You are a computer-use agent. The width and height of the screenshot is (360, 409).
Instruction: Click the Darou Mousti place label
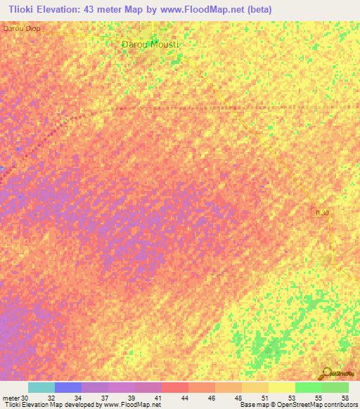151,44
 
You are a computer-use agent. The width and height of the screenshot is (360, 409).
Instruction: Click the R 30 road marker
321,212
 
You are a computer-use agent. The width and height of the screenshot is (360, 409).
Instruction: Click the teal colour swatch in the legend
41,387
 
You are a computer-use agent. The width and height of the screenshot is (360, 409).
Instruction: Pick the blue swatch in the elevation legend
68,387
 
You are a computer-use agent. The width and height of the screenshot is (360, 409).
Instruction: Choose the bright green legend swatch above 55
308,387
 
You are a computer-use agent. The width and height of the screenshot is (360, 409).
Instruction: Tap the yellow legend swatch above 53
281,387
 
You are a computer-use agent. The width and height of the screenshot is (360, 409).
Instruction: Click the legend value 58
344,398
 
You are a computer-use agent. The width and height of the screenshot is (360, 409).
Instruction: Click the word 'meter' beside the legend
11,398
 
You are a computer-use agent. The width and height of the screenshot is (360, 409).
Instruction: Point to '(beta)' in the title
258,10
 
